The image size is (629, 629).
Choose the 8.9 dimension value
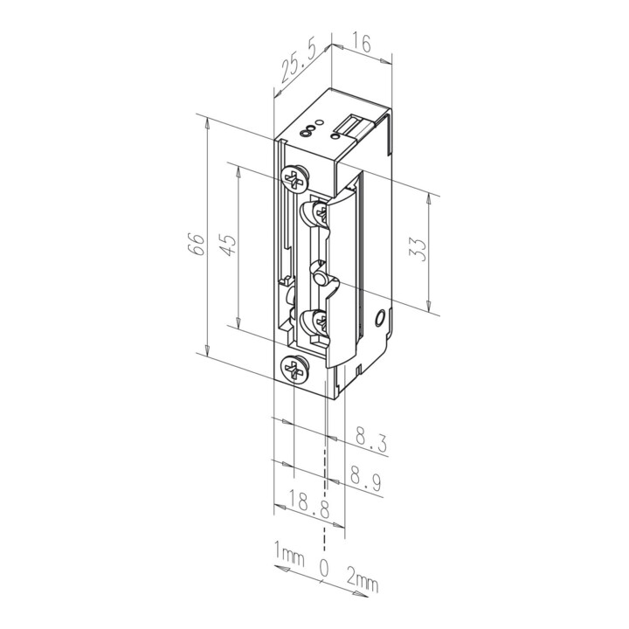pos(370,480)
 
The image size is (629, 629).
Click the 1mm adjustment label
pos(289,554)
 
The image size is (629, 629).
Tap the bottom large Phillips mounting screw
pos(293,371)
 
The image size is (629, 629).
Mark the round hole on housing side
pos(378,316)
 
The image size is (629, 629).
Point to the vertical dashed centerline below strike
pos(328,454)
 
